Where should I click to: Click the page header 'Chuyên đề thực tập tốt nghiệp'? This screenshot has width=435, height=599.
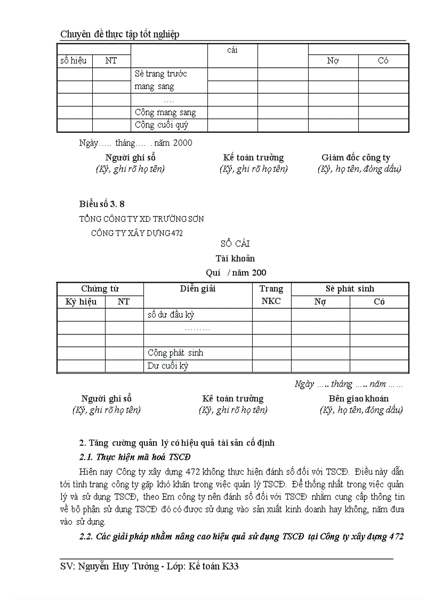click(120, 34)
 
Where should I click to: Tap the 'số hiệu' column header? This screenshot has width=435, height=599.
click(74, 61)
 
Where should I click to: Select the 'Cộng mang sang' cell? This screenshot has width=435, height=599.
click(165, 113)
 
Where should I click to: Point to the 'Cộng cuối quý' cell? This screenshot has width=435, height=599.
click(162, 125)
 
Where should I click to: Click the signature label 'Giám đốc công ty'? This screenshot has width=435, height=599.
click(356, 157)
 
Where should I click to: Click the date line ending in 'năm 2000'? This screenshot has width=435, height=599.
click(135, 143)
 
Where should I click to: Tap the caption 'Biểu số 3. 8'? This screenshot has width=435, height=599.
click(102, 204)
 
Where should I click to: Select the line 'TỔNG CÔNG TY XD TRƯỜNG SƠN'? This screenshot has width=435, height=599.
click(141, 219)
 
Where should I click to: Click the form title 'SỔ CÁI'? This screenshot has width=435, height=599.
click(235, 244)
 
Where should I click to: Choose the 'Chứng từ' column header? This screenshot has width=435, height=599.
click(100, 289)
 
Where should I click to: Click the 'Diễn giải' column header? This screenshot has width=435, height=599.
click(197, 289)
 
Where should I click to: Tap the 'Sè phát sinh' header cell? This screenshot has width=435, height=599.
click(350, 289)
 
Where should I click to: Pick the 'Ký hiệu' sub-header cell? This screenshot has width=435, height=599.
click(81, 302)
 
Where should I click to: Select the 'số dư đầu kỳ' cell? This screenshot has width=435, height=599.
click(171, 315)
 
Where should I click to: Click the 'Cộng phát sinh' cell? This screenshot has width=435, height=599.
click(175, 353)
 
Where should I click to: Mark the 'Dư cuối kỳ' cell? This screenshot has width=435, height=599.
click(168, 366)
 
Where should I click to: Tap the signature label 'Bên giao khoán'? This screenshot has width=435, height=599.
click(358, 398)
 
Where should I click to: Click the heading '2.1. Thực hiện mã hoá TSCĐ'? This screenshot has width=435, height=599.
click(135, 458)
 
